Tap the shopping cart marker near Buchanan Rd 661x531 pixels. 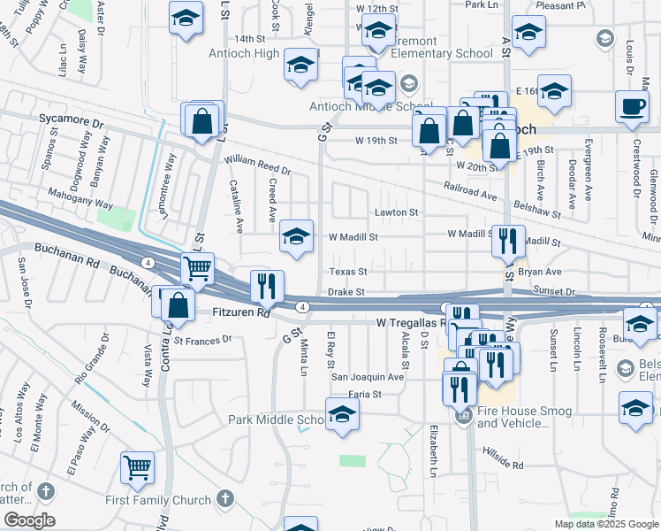click(x=198, y=267)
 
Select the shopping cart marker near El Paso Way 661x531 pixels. click(x=138, y=466)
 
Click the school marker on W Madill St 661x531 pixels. click(x=297, y=236)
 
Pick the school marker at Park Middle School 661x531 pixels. click(x=342, y=415)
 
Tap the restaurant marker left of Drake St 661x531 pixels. click(x=267, y=286)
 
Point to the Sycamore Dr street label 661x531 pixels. click(x=72, y=117)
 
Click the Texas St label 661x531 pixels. click(x=348, y=272)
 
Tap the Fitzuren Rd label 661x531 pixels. click(x=241, y=312)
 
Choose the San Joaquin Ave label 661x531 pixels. click(x=367, y=376)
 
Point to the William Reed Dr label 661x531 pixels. click(x=257, y=165)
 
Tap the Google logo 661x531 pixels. click(x=29, y=520)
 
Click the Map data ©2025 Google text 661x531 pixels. click(x=605, y=524)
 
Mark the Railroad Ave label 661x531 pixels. click(x=471, y=189)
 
